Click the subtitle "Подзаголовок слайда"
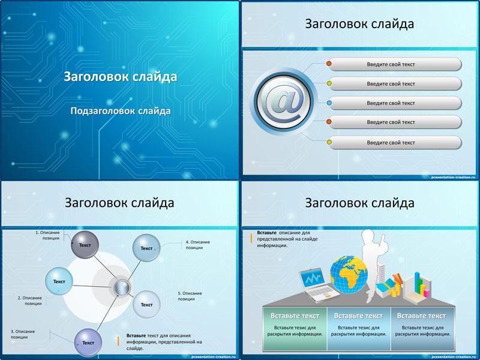(121, 110)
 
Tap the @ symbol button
(283, 101)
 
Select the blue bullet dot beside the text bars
(329, 103)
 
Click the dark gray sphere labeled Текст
(85, 245)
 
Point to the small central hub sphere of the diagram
(122, 288)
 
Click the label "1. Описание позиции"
(48, 235)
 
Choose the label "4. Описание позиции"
(198, 245)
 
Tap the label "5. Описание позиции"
(190, 296)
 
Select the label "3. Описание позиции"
(23, 334)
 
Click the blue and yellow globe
(349, 275)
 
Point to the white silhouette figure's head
(368, 236)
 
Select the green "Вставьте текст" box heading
(295, 316)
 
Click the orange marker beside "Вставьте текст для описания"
(118, 341)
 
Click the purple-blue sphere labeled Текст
(88, 343)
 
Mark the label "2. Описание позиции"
(29, 301)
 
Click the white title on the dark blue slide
(121, 77)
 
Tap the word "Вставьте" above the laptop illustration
(266, 233)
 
